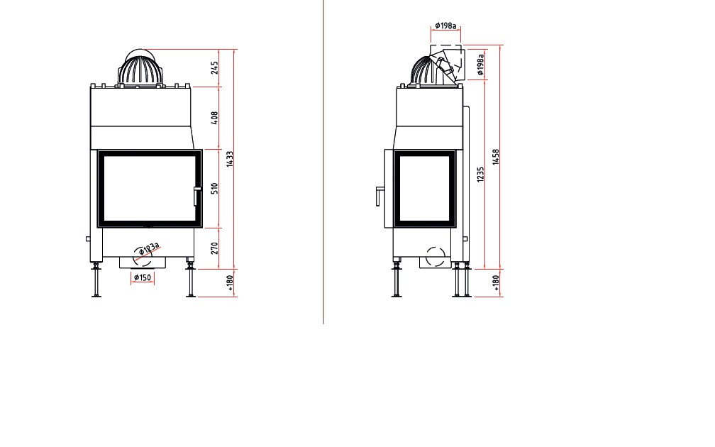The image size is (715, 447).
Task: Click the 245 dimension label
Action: (214, 67)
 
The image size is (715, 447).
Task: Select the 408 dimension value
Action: (214, 118)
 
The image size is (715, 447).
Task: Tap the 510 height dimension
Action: (214, 189)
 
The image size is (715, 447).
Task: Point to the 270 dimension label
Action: (214, 248)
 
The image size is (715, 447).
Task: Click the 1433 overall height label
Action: (230, 159)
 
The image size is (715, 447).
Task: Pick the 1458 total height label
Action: (496, 157)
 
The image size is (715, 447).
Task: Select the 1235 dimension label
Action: (480, 175)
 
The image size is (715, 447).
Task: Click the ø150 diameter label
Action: (143, 277)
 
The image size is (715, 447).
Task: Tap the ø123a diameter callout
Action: (149, 248)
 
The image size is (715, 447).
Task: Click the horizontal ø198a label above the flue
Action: (445, 26)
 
